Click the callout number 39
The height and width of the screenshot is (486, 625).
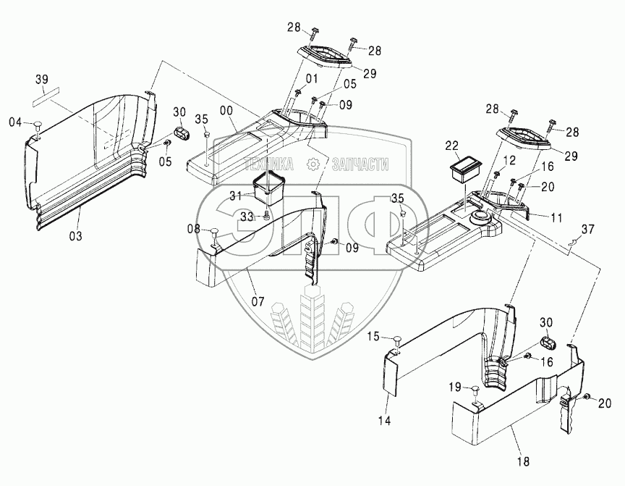click(x=42, y=79)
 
